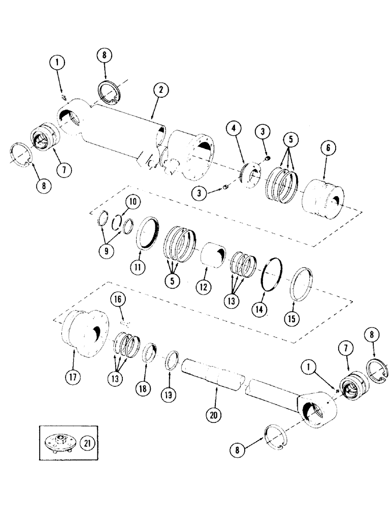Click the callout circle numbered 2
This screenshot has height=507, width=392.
click(160, 91)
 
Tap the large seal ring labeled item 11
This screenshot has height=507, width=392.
click(150, 232)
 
